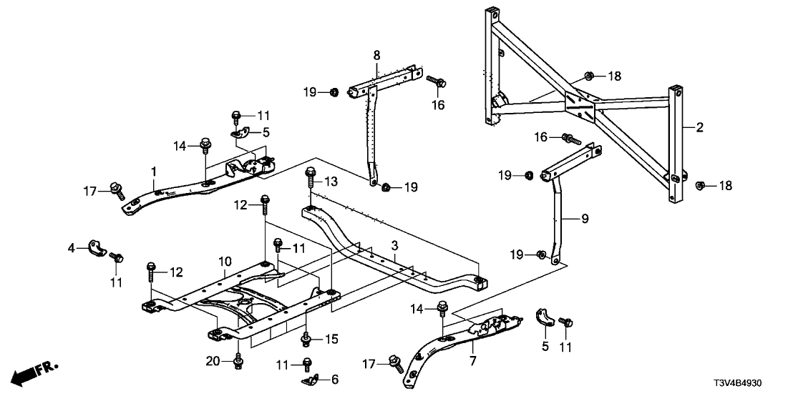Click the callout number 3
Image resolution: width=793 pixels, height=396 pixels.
click(x=394, y=246)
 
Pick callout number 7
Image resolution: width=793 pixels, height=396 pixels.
click(x=472, y=346)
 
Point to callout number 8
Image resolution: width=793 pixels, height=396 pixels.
click(x=376, y=55)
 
